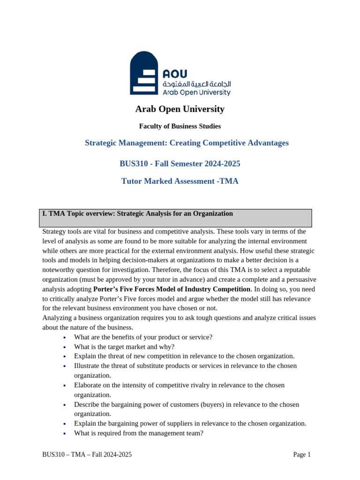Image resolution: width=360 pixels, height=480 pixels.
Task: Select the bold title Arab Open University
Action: tap(180, 109)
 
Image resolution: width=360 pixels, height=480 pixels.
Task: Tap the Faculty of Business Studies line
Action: tap(180, 126)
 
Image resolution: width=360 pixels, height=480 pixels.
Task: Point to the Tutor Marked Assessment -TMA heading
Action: tap(180, 181)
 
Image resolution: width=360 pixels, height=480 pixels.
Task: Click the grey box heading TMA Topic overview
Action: tap(137, 214)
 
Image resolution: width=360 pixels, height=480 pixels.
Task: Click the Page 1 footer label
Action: tap(302, 454)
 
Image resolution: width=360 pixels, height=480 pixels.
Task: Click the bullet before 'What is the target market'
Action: tap(64, 347)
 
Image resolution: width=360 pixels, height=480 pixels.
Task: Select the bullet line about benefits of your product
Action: tap(143, 337)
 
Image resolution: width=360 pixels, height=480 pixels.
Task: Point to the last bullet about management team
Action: tap(138, 433)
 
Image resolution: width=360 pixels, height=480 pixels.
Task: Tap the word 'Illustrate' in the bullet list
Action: tap(89, 366)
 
